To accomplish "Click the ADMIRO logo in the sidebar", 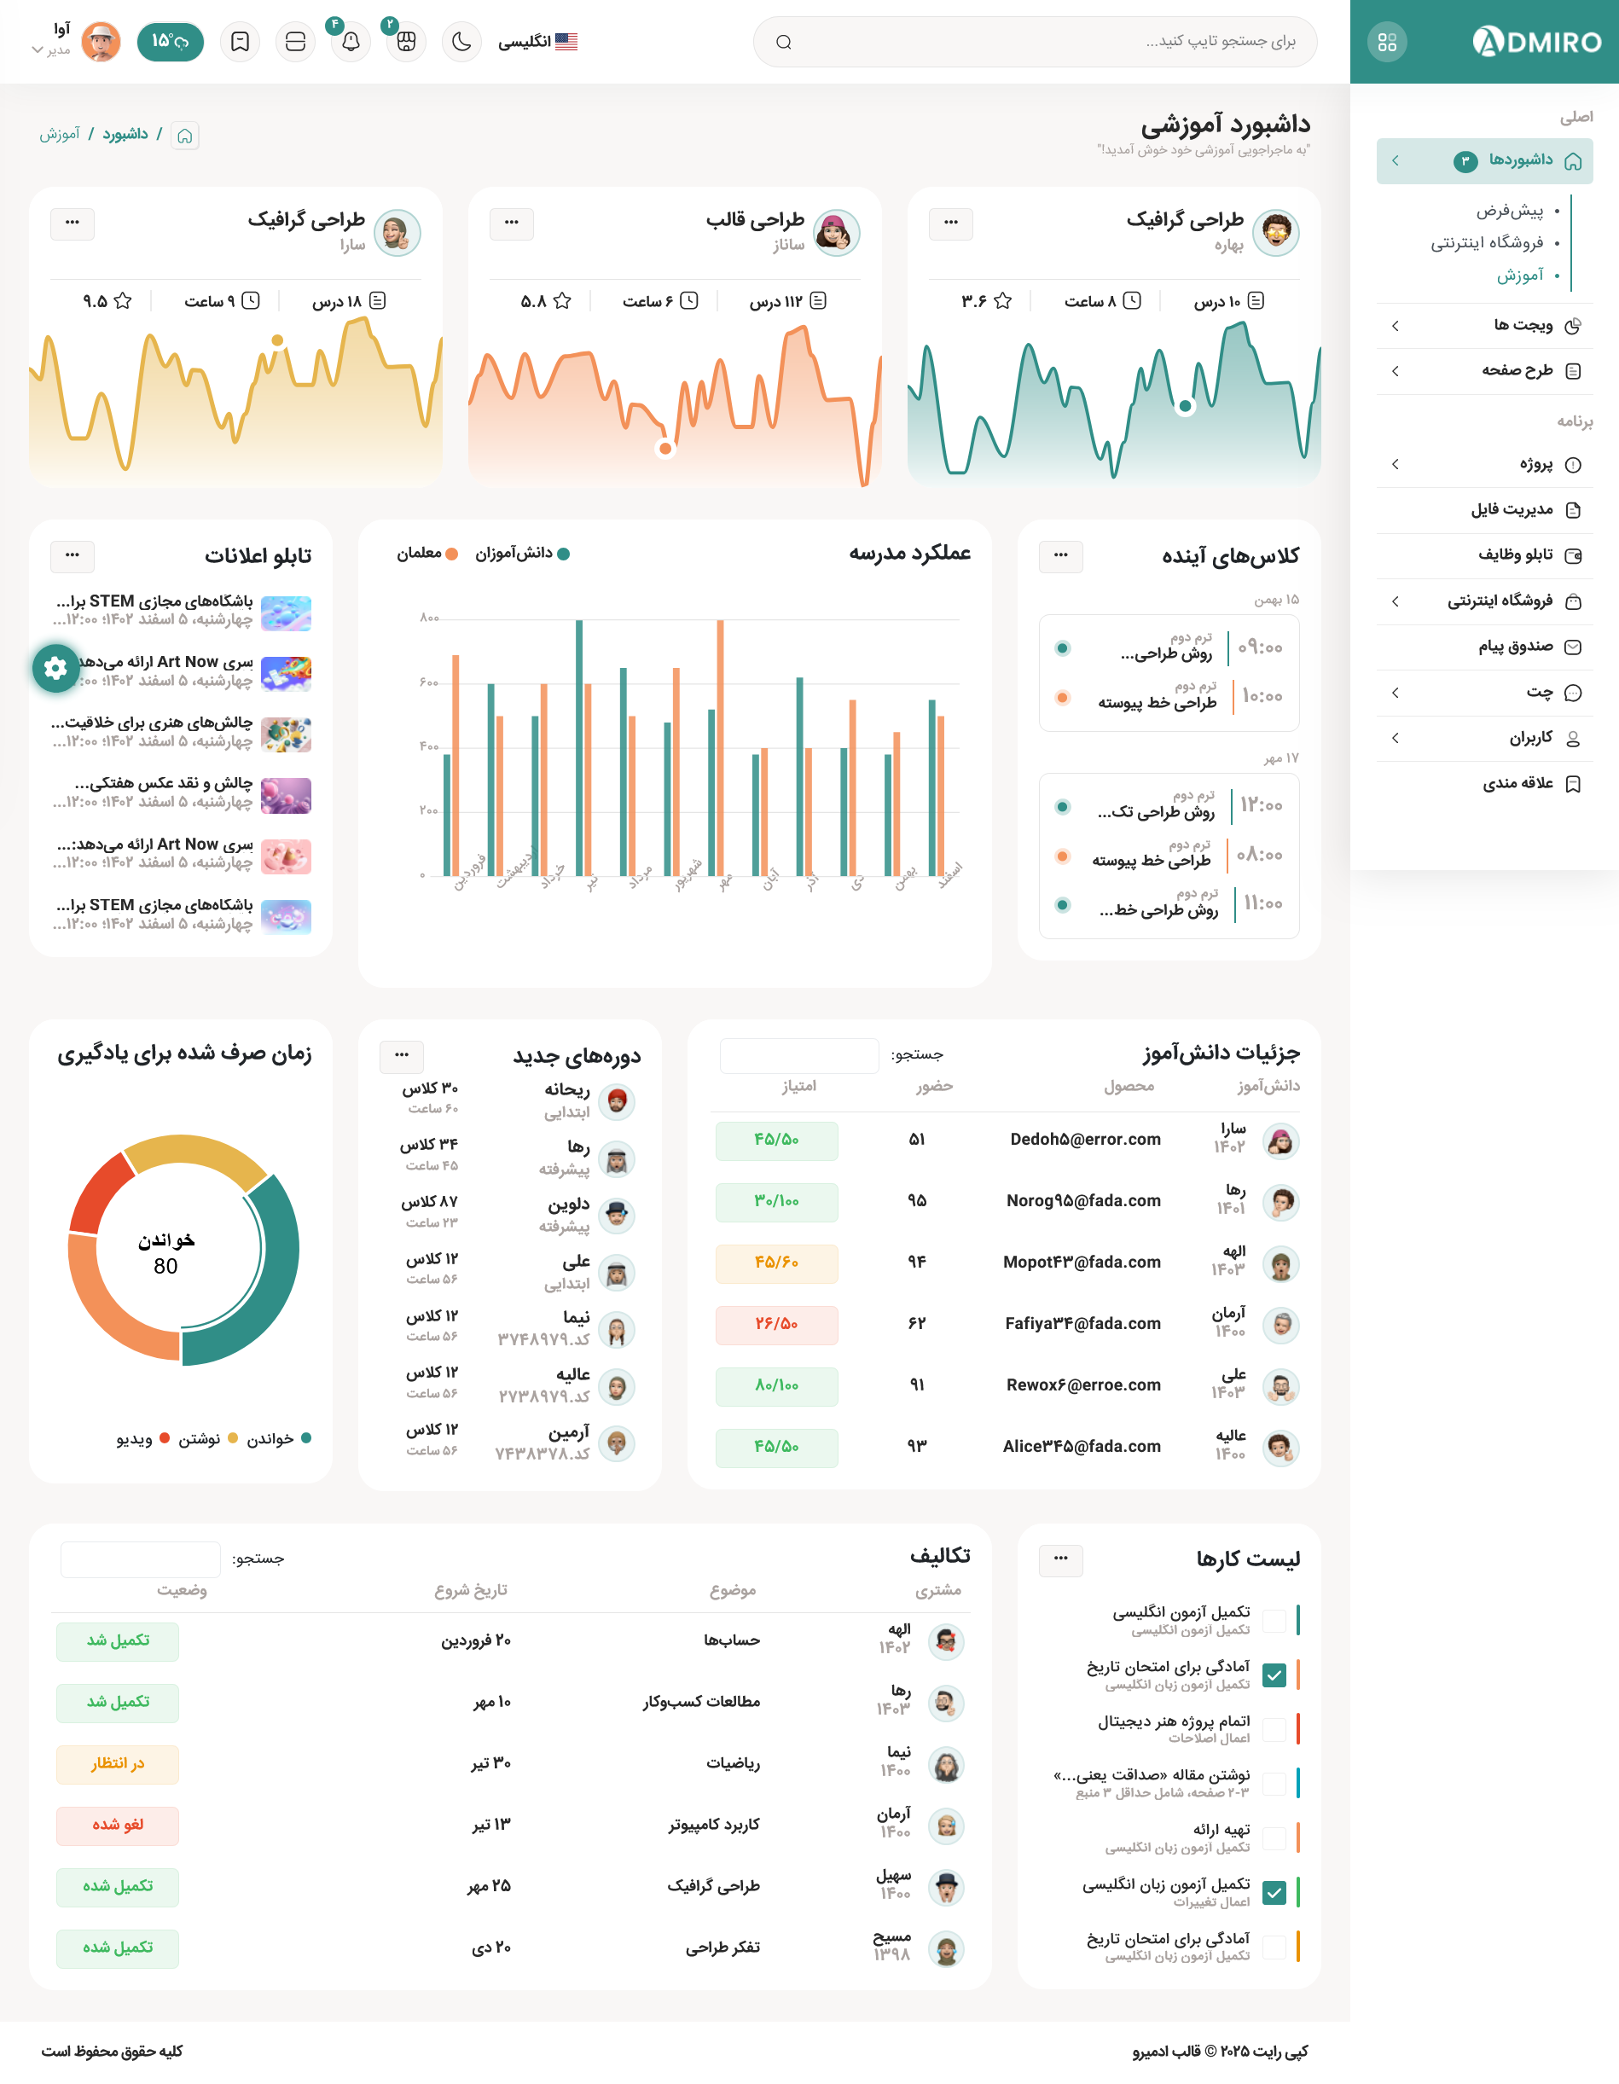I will (x=1536, y=42).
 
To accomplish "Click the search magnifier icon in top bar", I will (x=783, y=42).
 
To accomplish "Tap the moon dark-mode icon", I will (x=461, y=42).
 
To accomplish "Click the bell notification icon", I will (x=351, y=42).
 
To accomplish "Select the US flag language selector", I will (x=566, y=42).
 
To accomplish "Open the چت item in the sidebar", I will (x=1539, y=693).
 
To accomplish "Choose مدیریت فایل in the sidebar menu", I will (x=1512, y=509).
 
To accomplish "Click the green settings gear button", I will (x=55, y=668).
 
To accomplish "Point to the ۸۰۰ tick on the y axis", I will (x=429, y=618).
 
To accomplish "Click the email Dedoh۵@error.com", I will (x=1085, y=1140).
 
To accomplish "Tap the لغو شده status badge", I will (x=118, y=1825).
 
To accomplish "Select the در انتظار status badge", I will (x=118, y=1763).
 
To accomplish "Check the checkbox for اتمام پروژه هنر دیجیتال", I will (x=1274, y=1729).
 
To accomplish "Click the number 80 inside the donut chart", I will (x=166, y=1266).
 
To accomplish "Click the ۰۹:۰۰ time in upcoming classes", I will (x=1260, y=648).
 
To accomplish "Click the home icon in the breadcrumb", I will (x=185, y=136).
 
